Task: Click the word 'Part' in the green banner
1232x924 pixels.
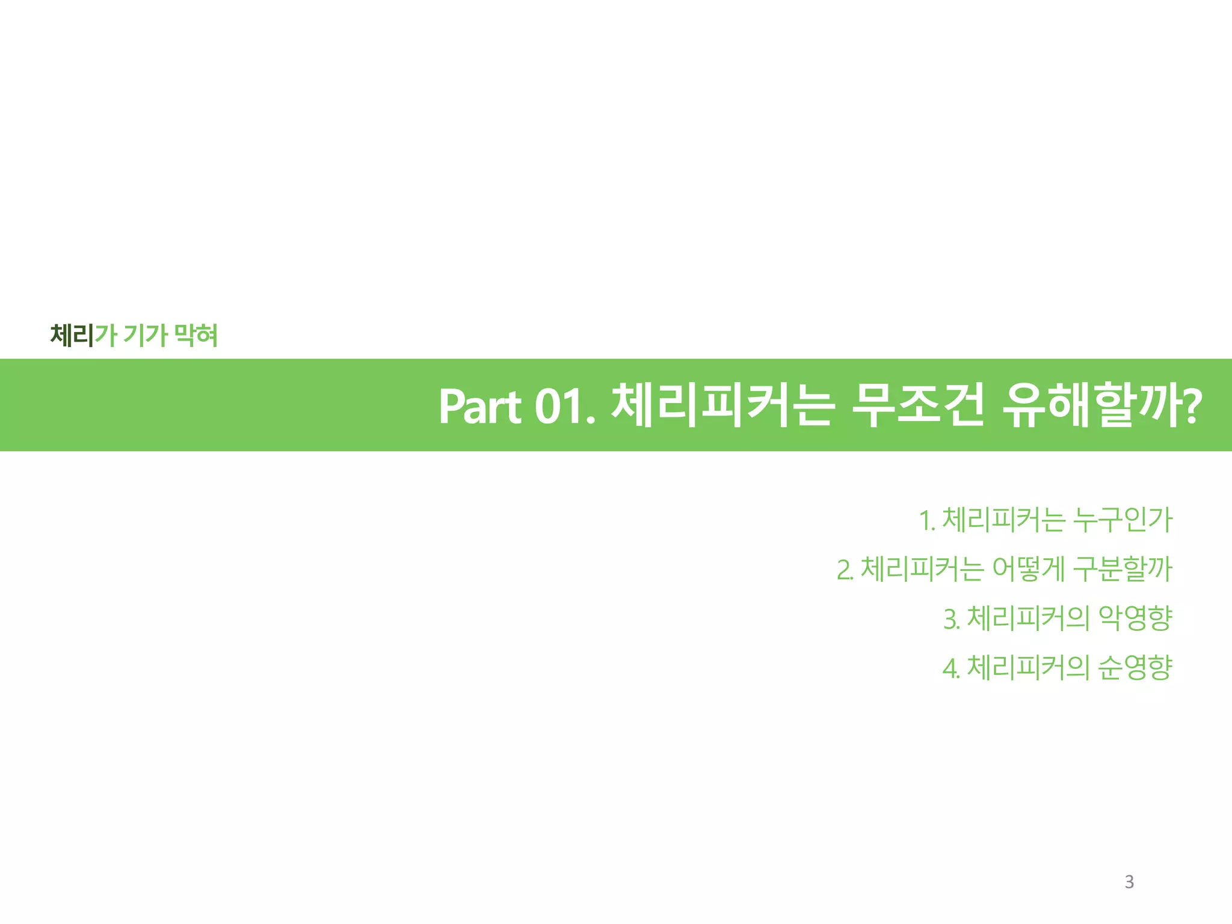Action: [x=480, y=406]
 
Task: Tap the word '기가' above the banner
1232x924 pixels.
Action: [x=145, y=335]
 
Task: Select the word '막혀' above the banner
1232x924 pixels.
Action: [x=196, y=335]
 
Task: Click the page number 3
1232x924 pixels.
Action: [x=1129, y=882]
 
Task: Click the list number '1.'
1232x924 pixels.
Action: [x=927, y=520]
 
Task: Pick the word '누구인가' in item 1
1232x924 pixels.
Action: [x=1123, y=520]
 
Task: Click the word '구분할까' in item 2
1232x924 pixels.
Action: [x=1123, y=569]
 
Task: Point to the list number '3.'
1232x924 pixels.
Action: [x=952, y=619]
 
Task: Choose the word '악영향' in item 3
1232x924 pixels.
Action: [x=1135, y=618]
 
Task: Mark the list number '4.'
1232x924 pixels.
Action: [x=951, y=668]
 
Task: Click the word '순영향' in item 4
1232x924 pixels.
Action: [x=1135, y=667]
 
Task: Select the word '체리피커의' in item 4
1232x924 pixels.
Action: [x=1027, y=667]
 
